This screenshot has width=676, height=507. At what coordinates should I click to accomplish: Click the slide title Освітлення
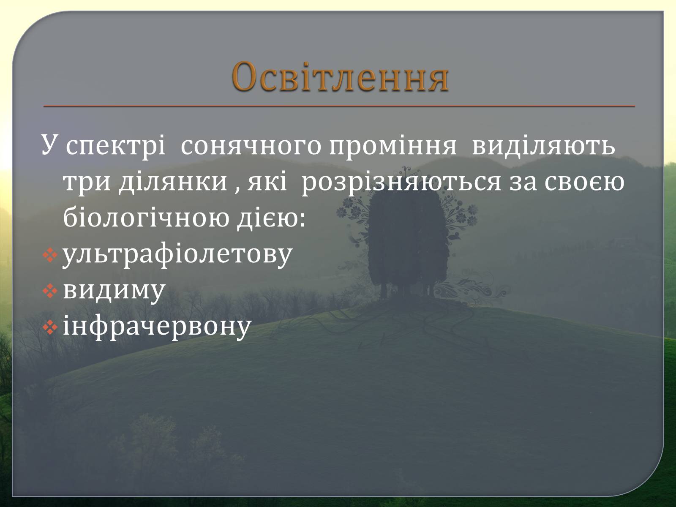[340, 77]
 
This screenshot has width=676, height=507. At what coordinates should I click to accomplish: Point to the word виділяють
[544, 146]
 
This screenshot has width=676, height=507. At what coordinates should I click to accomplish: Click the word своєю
[585, 182]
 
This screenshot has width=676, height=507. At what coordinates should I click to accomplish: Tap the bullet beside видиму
[50, 291]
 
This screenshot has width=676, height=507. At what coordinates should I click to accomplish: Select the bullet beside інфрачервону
[50, 328]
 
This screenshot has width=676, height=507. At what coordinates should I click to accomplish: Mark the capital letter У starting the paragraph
[51, 144]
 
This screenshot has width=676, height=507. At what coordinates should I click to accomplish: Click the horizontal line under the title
[339, 106]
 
